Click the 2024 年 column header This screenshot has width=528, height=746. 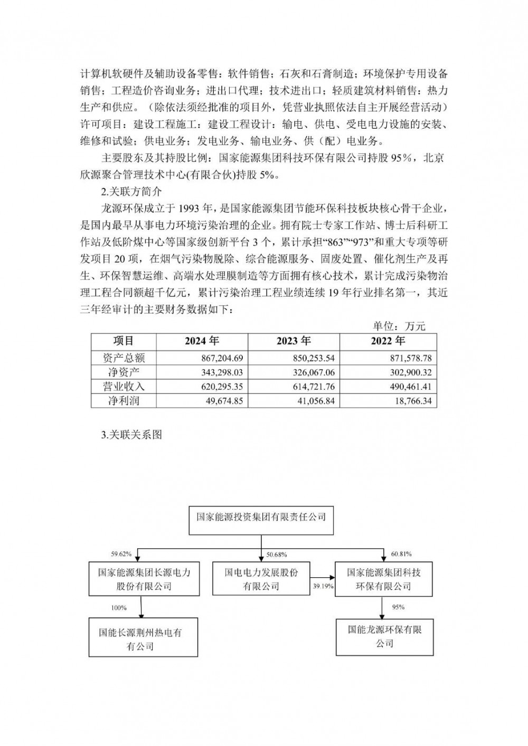(x=202, y=341)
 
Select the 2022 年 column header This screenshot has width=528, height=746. (x=388, y=341)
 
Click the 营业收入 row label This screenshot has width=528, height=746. (x=122, y=387)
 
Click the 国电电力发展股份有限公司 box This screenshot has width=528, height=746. (x=261, y=579)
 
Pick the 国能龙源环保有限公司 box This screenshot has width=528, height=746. (x=384, y=636)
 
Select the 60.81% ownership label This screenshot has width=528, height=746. (x=401, y=554)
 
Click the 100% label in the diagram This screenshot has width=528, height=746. (x=119, y=608)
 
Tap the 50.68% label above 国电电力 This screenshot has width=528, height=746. (x=277, y=554)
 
